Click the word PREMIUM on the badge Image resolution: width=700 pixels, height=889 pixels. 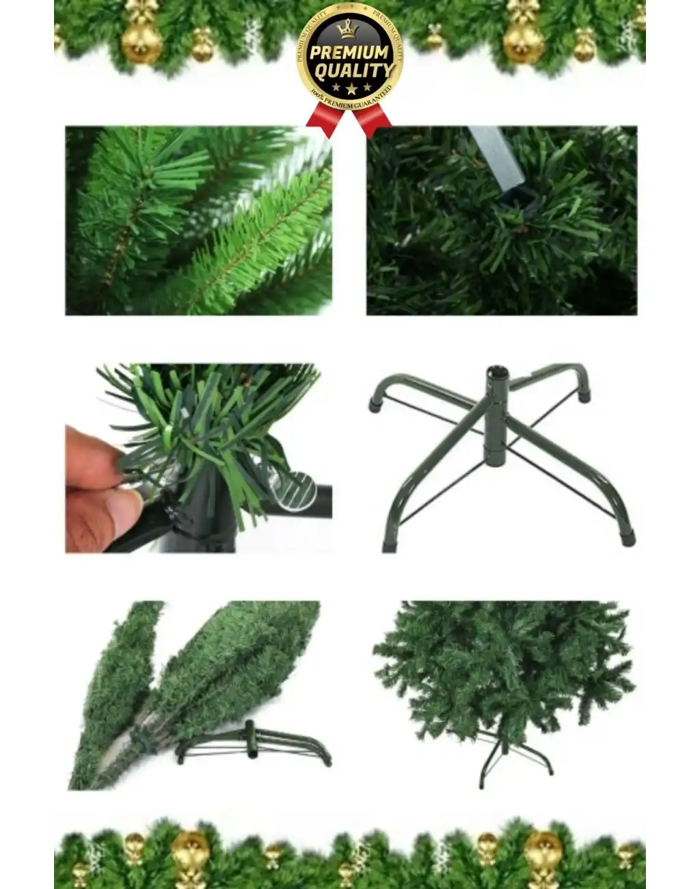coord(349,53)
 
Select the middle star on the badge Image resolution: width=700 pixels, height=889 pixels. coord(351,89)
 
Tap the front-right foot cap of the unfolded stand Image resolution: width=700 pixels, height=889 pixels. coord(626,538)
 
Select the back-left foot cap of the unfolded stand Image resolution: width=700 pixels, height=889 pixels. coord(375,403)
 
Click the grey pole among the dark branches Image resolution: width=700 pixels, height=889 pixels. coord(497,157)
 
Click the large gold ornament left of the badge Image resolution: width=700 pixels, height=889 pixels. coord(142,40)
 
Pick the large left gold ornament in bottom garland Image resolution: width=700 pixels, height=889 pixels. coord(190,852)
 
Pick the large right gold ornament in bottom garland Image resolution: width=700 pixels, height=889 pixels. coord(543,851)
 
